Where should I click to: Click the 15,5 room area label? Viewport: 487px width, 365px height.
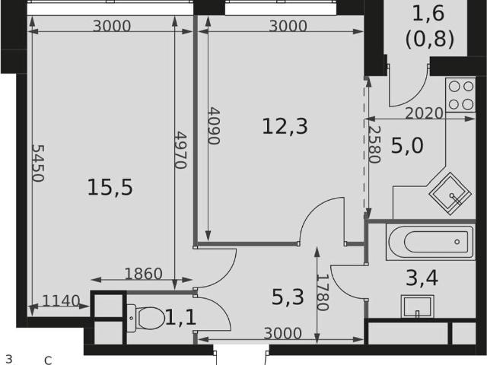click(110, 188)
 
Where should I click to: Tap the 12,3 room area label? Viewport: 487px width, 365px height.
click(285, 126)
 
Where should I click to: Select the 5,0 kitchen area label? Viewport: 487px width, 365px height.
click(407, 145)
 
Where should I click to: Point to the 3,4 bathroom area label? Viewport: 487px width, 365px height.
click(422, 278)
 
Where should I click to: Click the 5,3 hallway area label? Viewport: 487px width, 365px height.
click(288, 297)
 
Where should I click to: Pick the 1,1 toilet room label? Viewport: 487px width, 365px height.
click(181, 318)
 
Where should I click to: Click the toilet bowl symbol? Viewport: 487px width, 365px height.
click(145, 318)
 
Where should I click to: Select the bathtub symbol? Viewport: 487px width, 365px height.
click(431, 242)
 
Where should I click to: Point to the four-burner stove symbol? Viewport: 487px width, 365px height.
click(460, 95)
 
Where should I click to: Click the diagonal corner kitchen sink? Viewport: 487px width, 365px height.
click(450, 195)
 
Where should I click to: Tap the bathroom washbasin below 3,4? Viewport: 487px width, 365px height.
click(418, 306)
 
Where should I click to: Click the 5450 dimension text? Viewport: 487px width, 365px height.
click(38, 163)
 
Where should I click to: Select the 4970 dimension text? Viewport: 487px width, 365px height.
click(180, 151)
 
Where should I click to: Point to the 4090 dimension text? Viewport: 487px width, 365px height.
click(214, 126)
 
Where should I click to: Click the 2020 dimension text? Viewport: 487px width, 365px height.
click(424, 113)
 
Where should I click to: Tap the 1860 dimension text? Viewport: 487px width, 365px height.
click(143, 274)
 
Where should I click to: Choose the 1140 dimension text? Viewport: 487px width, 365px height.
click(61, 301)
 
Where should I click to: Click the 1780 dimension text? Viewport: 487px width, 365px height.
click(323, 292)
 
